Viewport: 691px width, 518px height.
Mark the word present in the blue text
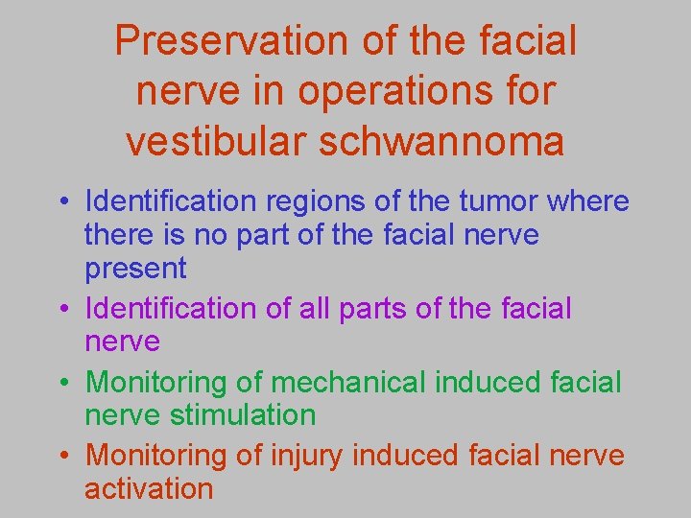coord(135,269)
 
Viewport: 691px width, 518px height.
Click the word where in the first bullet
coord(589,201)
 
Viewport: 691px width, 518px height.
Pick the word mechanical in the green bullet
coord(349,382)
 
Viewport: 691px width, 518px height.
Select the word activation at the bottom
coord(149,488)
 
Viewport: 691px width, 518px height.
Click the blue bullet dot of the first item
coord(61,203)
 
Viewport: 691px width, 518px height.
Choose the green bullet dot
coord(61,383)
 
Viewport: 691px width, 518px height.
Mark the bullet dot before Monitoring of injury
coord(61,456)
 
